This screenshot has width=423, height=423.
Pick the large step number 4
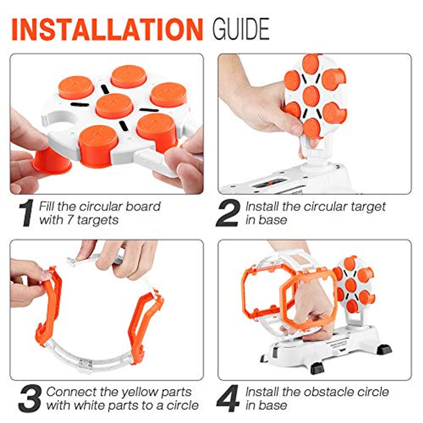point(228,398)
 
